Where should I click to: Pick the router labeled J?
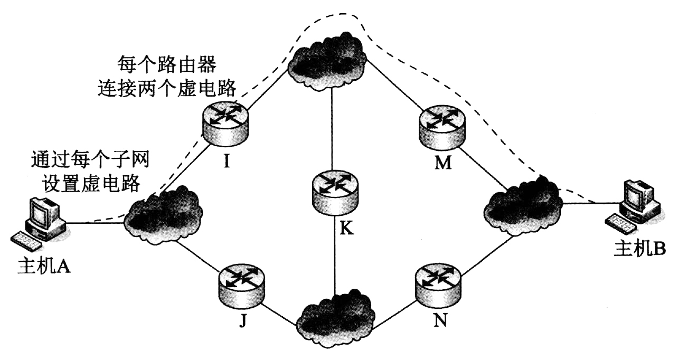click(242, 285)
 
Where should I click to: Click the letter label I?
click(226, 161)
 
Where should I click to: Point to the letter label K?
click(347, 229)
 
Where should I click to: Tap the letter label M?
click(442, 163)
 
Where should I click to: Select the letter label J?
click(242, 320)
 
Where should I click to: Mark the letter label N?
click(440, 320)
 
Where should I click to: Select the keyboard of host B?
click(619, 222)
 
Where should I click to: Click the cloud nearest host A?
click(163, 213)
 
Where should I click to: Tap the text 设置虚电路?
click(86, 183)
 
